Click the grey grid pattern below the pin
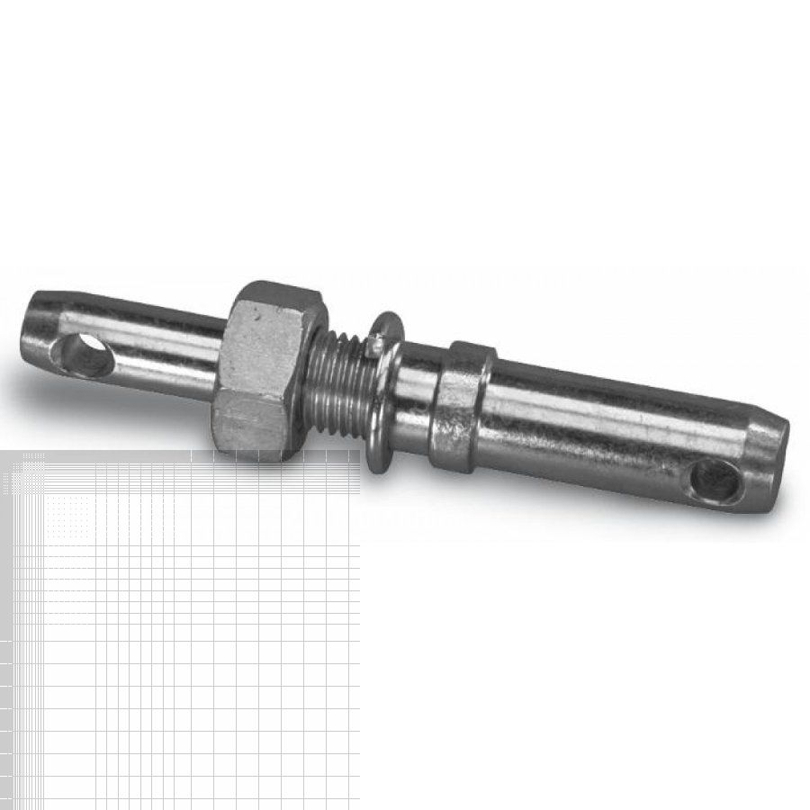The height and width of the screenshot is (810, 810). pos(180,630)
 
